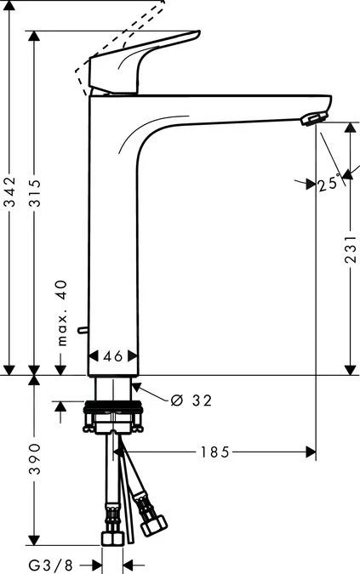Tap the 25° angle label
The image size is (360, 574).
(x=328, y=183)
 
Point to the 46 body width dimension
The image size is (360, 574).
(x=115, y=356)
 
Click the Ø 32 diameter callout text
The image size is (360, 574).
(x=191, y=399)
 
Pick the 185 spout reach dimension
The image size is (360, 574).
(x=214, y=452)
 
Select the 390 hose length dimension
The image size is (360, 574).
(x=34, y=459)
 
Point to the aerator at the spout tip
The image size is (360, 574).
(x=316, y=117)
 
